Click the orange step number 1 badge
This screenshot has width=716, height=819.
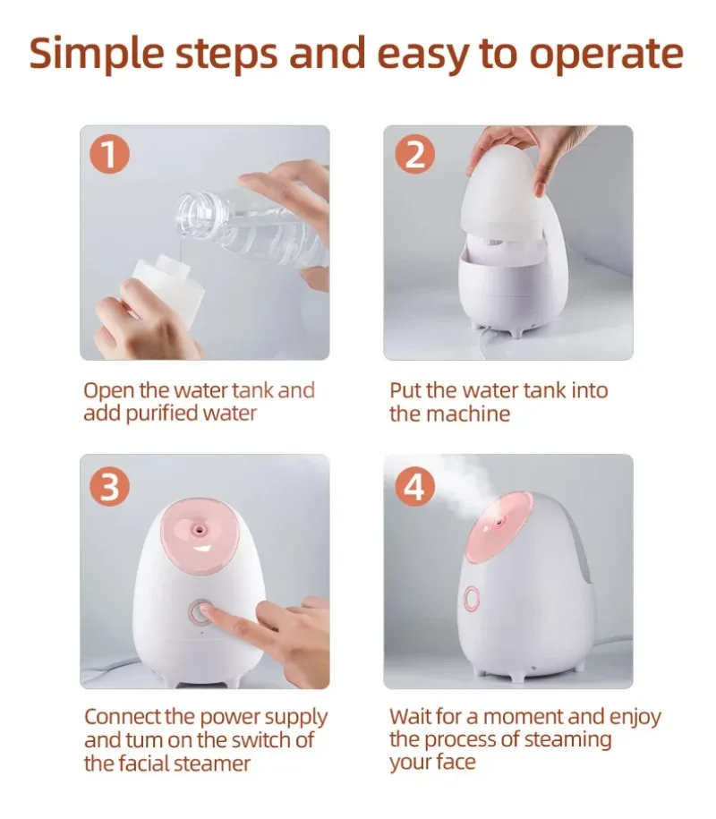(110, 155)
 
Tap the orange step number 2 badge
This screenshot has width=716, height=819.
(414, 155)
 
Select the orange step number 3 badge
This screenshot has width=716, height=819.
(110, 487)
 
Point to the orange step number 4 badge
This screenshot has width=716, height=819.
(414, 487)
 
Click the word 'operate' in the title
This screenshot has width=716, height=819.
(607, 55)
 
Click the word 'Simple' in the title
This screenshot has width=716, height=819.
(97, 54)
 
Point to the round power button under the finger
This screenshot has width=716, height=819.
(201, 612)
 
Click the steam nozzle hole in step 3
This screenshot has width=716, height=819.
(199, 530)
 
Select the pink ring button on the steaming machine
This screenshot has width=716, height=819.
(472, 599)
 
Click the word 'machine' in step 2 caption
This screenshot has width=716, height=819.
(467, 414)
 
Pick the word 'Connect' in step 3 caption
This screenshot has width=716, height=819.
(123, 717)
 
